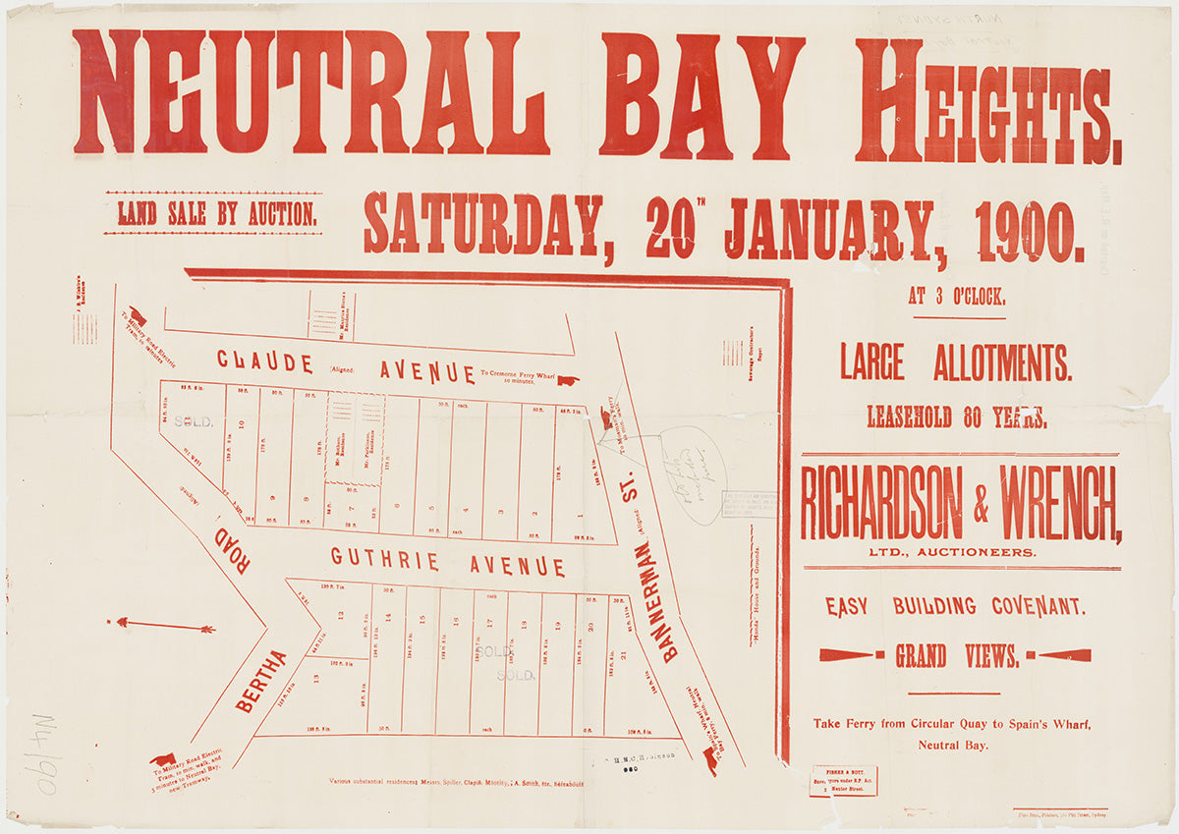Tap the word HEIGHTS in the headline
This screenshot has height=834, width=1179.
click(x=987, y=98)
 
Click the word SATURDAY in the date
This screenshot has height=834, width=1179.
click(x=482, y=225)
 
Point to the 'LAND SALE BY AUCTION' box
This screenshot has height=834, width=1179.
click(x=212, y=213)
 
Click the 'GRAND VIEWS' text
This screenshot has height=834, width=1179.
click(x=956, y=656)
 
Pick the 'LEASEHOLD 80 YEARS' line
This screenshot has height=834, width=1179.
click(x=956, y=417)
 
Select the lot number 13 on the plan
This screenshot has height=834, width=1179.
click(x=315, y=678)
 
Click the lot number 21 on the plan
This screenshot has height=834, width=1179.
click(x=624, y=655)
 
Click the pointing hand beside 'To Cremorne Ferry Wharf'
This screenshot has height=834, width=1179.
click(x=568, y=379)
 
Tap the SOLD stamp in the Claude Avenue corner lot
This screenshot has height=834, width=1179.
click(x=194, y=421)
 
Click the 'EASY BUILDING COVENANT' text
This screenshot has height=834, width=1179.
click(x=955, y=606)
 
